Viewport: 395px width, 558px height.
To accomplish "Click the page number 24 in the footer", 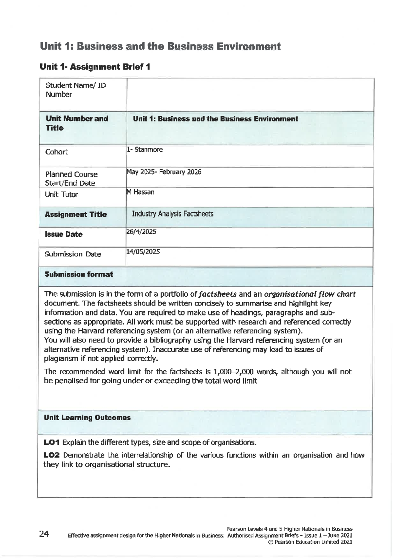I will [44, 534].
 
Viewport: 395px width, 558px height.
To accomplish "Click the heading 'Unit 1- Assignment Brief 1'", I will [95, 67].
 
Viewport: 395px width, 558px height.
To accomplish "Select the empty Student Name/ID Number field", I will [250, 95].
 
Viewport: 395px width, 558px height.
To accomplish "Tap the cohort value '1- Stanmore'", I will [145, 150].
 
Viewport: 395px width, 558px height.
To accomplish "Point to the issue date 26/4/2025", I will [141, 232].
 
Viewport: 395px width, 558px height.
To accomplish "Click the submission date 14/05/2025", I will [143, 252].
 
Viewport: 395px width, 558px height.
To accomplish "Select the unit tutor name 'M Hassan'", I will [141, 192].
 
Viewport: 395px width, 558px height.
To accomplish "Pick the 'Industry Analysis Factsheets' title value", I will [172, 214].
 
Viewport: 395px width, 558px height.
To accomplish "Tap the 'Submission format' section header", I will [79, 274].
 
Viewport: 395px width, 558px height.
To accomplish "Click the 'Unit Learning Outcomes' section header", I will [87, 418].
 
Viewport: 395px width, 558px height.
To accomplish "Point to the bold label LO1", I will [52, 442].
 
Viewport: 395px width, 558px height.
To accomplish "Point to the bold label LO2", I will [52, 455].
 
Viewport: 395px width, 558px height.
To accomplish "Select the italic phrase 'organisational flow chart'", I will [310, 294].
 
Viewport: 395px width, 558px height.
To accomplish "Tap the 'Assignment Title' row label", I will [76, 215].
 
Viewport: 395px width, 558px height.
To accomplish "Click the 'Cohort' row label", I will [57, 152].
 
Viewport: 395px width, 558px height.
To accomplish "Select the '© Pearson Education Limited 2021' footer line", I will [310, 542].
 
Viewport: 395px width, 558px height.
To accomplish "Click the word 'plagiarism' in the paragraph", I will [61, 358].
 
